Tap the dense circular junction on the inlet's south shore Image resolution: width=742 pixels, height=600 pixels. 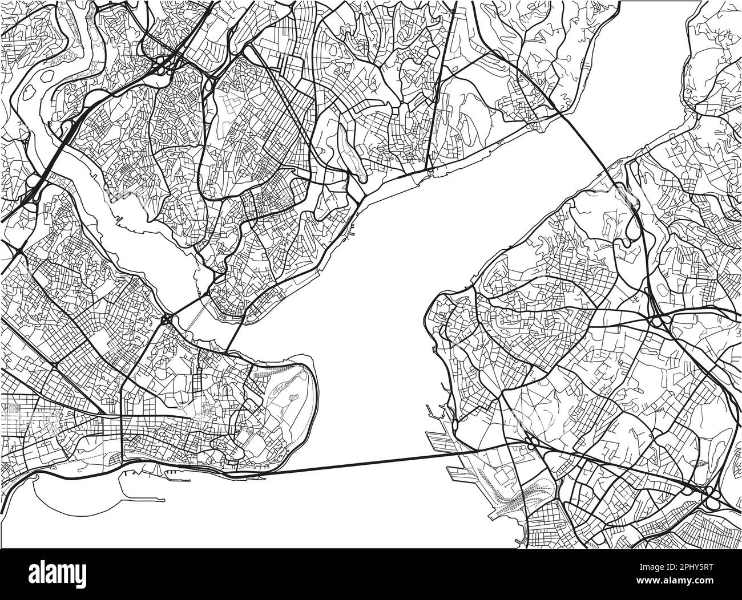click(167, 320)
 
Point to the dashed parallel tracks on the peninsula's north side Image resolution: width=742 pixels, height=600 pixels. click(268, 371)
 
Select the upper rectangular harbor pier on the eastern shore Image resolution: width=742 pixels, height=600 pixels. click(439, 439)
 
